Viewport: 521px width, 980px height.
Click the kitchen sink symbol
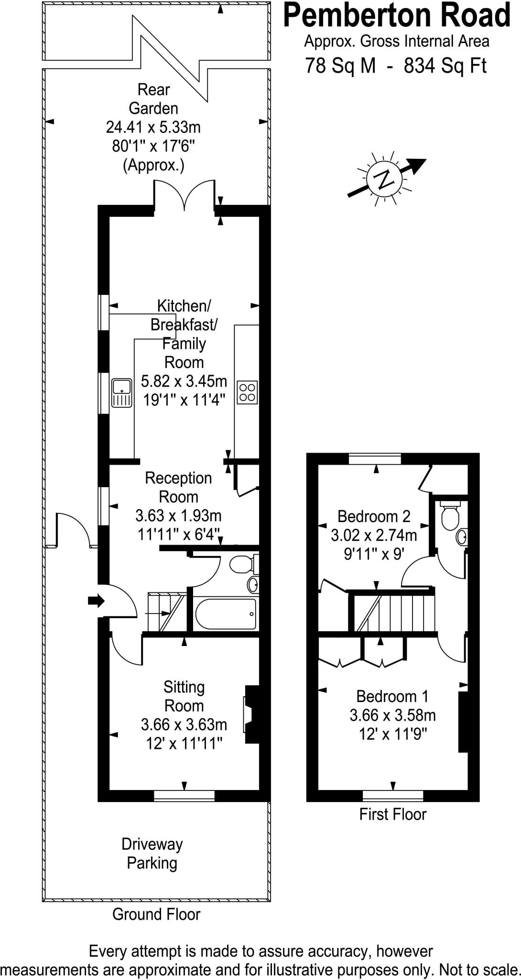122,393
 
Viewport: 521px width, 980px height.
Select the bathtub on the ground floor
226,614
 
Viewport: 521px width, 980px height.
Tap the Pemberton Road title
397,15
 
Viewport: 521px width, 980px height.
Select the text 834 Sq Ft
445,66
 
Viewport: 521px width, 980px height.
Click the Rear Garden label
153,99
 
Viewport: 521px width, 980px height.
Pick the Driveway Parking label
152,854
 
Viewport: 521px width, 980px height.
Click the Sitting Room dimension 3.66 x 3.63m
184,724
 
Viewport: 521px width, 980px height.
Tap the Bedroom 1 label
392,696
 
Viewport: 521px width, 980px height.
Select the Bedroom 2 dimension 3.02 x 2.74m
374,535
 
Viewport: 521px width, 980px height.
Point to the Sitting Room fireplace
251,714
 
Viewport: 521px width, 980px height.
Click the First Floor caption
392,814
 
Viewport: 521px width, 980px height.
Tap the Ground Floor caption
156,914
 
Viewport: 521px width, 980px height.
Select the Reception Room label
178,487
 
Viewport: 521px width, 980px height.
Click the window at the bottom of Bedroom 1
393,795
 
